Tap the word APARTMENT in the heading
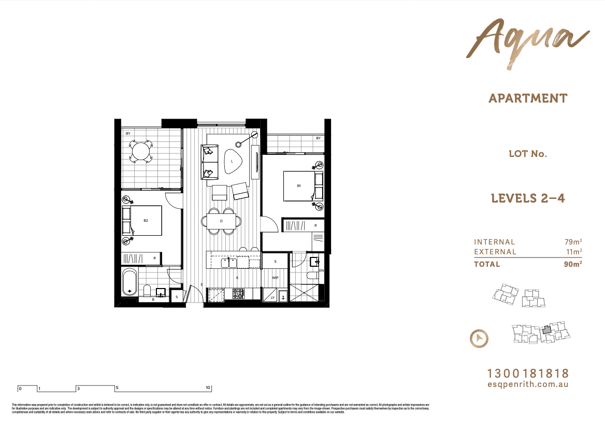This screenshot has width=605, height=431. pos(528,98)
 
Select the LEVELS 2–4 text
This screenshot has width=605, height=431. pos(527,198)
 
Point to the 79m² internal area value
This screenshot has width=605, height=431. pos(573,242)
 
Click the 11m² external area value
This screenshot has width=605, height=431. pos(573,252)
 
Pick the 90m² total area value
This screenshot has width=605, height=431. pos(573,264)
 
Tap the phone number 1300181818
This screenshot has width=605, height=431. pos(528,373)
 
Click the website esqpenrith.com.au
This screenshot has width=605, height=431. pos(528,384)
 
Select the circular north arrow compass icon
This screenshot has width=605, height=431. pos(479,339)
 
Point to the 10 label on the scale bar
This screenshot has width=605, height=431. pos(208,388)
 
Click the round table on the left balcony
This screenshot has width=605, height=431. pos(140,152)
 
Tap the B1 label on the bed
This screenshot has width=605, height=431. pos(299,186)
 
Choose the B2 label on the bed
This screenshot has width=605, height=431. pos(146,221)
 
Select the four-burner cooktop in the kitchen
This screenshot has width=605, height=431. pos(238,294)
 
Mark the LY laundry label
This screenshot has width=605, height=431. pos(272,297)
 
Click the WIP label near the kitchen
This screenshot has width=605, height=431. pos(276,278)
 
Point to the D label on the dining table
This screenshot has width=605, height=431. pos(221,221)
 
